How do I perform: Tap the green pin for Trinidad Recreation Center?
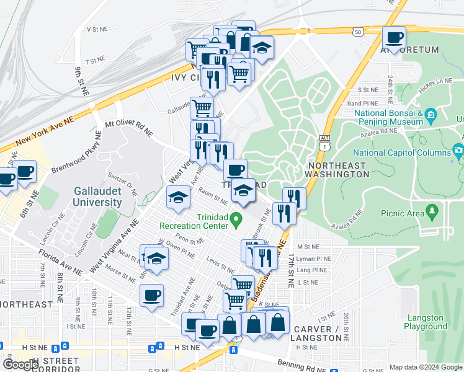click(x=235, y=219)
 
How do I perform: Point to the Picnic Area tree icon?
click(x=433, y=213)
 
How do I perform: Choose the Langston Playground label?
click(x=425, y=322)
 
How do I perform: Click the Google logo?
click(x=21, y=365)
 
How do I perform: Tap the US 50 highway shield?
click(x=357, y=32)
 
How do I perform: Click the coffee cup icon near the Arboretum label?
click(x=394, y=37)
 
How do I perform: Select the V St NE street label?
click(x=97, y=29)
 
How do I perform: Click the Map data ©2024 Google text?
click(x=426, y=367)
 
